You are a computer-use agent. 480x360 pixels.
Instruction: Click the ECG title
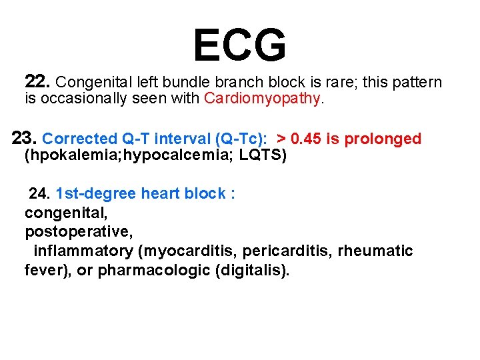pyautogui.click(x=239, y=45)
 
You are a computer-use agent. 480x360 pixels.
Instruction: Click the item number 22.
pyautogui.click(x=37, y=82)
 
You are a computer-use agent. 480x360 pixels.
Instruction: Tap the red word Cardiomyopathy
pyautogui.click(x=263, y=99)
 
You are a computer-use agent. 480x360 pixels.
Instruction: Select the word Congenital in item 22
pyautogui.click(x=89, y=83)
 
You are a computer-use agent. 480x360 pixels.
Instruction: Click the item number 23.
pyautogui.click(x=25, y=139)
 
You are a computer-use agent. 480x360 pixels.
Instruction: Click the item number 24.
pyautogui.click(x=41, y=194)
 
